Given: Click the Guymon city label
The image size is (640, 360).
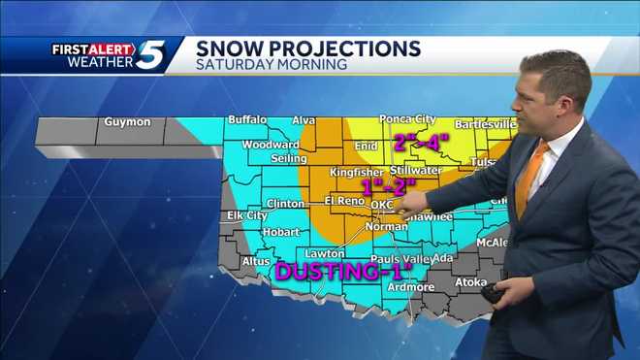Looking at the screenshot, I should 127,122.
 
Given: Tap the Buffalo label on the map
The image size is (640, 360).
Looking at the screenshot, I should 246,120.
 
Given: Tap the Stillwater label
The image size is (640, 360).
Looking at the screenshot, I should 415,169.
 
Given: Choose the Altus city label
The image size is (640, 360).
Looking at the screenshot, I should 256,261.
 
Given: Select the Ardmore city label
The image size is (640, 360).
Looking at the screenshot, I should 410,287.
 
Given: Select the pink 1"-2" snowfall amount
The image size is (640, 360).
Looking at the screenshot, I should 387,186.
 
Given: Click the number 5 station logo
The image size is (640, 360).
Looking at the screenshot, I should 150,54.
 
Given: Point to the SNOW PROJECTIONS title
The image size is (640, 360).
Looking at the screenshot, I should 308,48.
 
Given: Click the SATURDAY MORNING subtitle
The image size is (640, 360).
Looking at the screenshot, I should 272,65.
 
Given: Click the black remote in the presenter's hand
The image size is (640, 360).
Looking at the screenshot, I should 496,293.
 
